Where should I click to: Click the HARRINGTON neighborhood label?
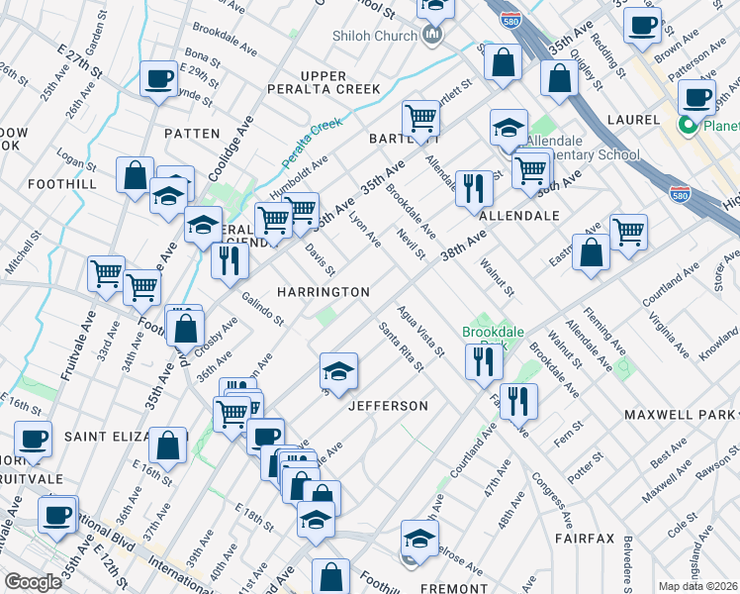[324, 292]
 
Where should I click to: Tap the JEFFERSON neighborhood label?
[388, 406]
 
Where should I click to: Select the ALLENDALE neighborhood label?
[519, 215]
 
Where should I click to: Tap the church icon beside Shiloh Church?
[431, 37]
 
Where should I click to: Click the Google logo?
[33, 582]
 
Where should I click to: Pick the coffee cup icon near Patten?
[158, 79]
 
